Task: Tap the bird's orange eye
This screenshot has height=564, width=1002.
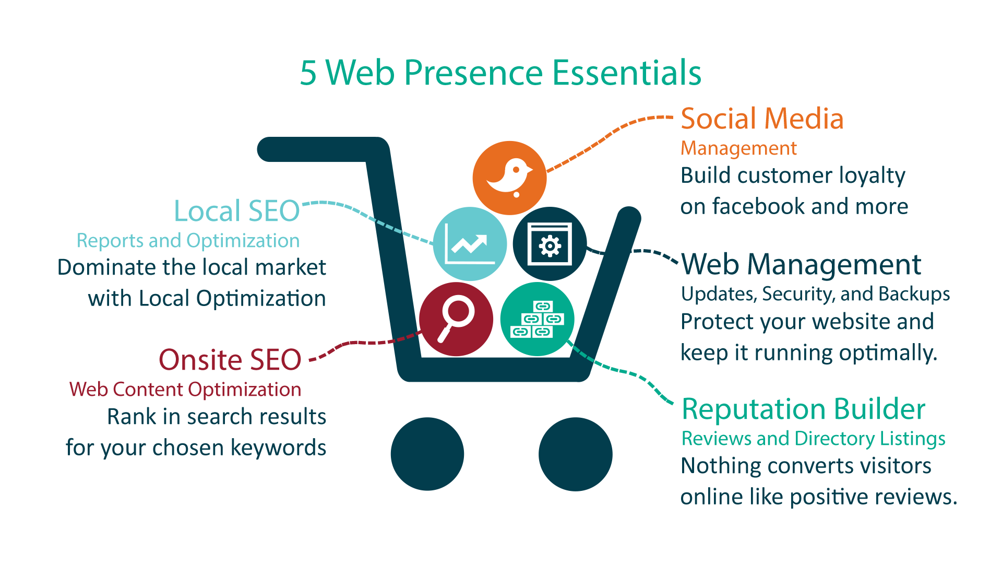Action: (516, 170)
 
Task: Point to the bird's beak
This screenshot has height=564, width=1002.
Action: (530, 170)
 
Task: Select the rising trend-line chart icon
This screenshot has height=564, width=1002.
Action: (470, 244)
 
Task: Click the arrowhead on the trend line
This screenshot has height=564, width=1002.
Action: (482, 240)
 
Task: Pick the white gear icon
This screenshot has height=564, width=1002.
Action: (550, 245)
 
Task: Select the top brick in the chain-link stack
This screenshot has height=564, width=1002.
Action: (543, 307)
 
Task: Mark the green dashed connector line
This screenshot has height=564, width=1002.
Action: (583, 354)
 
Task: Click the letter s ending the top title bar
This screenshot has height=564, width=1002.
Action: (697, 75)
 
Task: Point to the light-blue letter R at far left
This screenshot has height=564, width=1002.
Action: (80, 241)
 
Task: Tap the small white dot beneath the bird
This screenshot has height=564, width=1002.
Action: (517, 195)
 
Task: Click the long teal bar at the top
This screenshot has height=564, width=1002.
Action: (496, 72)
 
